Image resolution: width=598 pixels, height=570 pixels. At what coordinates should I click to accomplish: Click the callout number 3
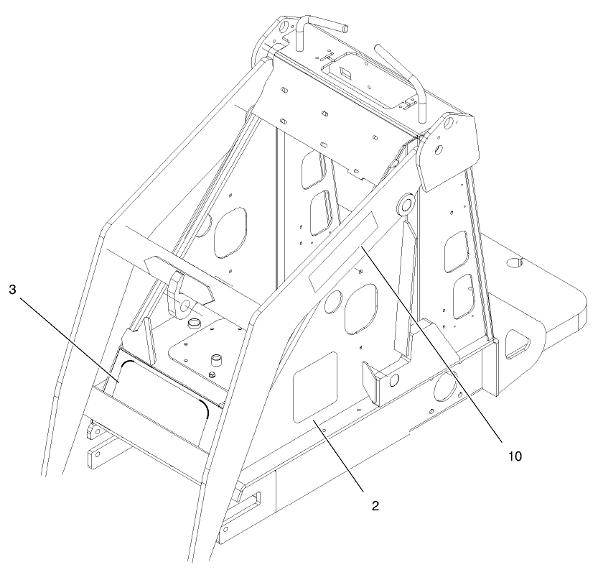click(x=12, y=290)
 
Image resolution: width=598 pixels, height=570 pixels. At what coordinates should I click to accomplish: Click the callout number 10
click(x=514, y=456)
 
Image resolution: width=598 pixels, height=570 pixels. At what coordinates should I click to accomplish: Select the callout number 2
click(x=374, y=505)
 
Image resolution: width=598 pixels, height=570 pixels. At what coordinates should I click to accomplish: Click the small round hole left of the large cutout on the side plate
click(x=332, y=303)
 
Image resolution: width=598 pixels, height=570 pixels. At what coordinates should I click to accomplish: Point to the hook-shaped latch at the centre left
click(x=179, y=292)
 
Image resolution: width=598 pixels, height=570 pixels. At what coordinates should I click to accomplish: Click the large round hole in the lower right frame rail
click(x=446, y=389)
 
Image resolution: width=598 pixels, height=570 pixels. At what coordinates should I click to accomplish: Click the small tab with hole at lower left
click(x=92, y=433)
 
